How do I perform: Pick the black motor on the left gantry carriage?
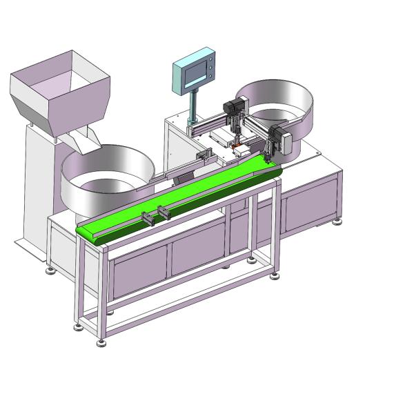[x=232, y=108]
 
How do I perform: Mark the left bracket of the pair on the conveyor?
[x=148, y=219]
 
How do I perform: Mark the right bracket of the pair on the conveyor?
[x=164, y=212]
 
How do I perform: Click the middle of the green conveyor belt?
[x=179, y=197]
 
